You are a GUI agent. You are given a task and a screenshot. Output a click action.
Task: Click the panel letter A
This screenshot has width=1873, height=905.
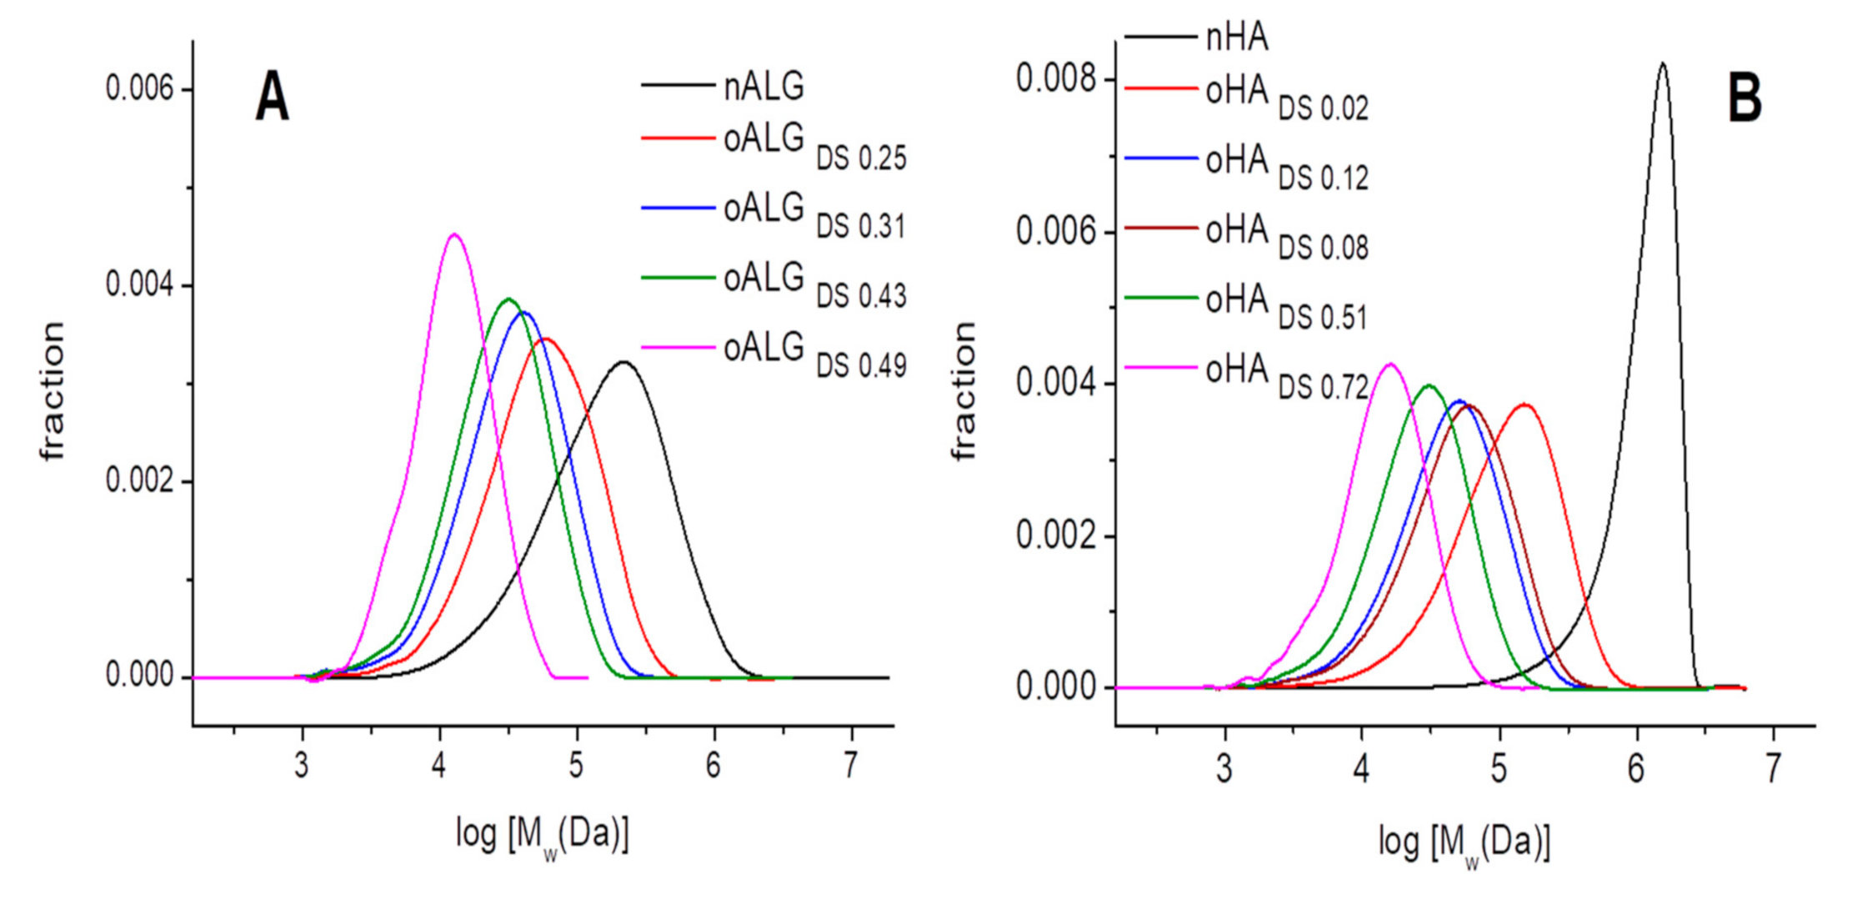pos(272,98)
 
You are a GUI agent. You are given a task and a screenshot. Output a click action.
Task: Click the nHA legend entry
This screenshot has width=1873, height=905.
pos(1237,38)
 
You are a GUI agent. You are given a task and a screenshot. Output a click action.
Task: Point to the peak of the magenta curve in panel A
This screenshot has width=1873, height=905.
pos(454,234)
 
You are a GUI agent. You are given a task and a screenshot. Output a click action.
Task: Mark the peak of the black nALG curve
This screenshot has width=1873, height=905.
pos(623,362)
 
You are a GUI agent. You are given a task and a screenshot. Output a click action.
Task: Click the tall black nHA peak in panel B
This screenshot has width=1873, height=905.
pos(1662,63)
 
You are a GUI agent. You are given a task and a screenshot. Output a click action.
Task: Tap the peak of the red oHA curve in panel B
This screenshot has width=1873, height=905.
pos(1525,405)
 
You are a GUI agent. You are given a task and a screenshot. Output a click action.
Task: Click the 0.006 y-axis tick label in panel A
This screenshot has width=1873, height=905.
pos(139,88)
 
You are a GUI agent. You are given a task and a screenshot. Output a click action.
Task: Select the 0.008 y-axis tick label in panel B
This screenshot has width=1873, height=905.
pos(1055,79)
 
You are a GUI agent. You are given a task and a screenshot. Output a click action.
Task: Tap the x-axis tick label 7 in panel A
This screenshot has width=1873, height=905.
pos(850,764)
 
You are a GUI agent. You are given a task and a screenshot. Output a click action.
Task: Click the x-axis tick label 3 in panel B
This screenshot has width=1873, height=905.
pos(1224,768)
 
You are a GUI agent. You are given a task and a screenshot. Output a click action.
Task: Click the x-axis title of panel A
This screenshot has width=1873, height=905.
pos(542,834)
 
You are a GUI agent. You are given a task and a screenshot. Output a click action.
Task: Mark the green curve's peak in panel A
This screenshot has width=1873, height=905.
pos(508,299)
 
